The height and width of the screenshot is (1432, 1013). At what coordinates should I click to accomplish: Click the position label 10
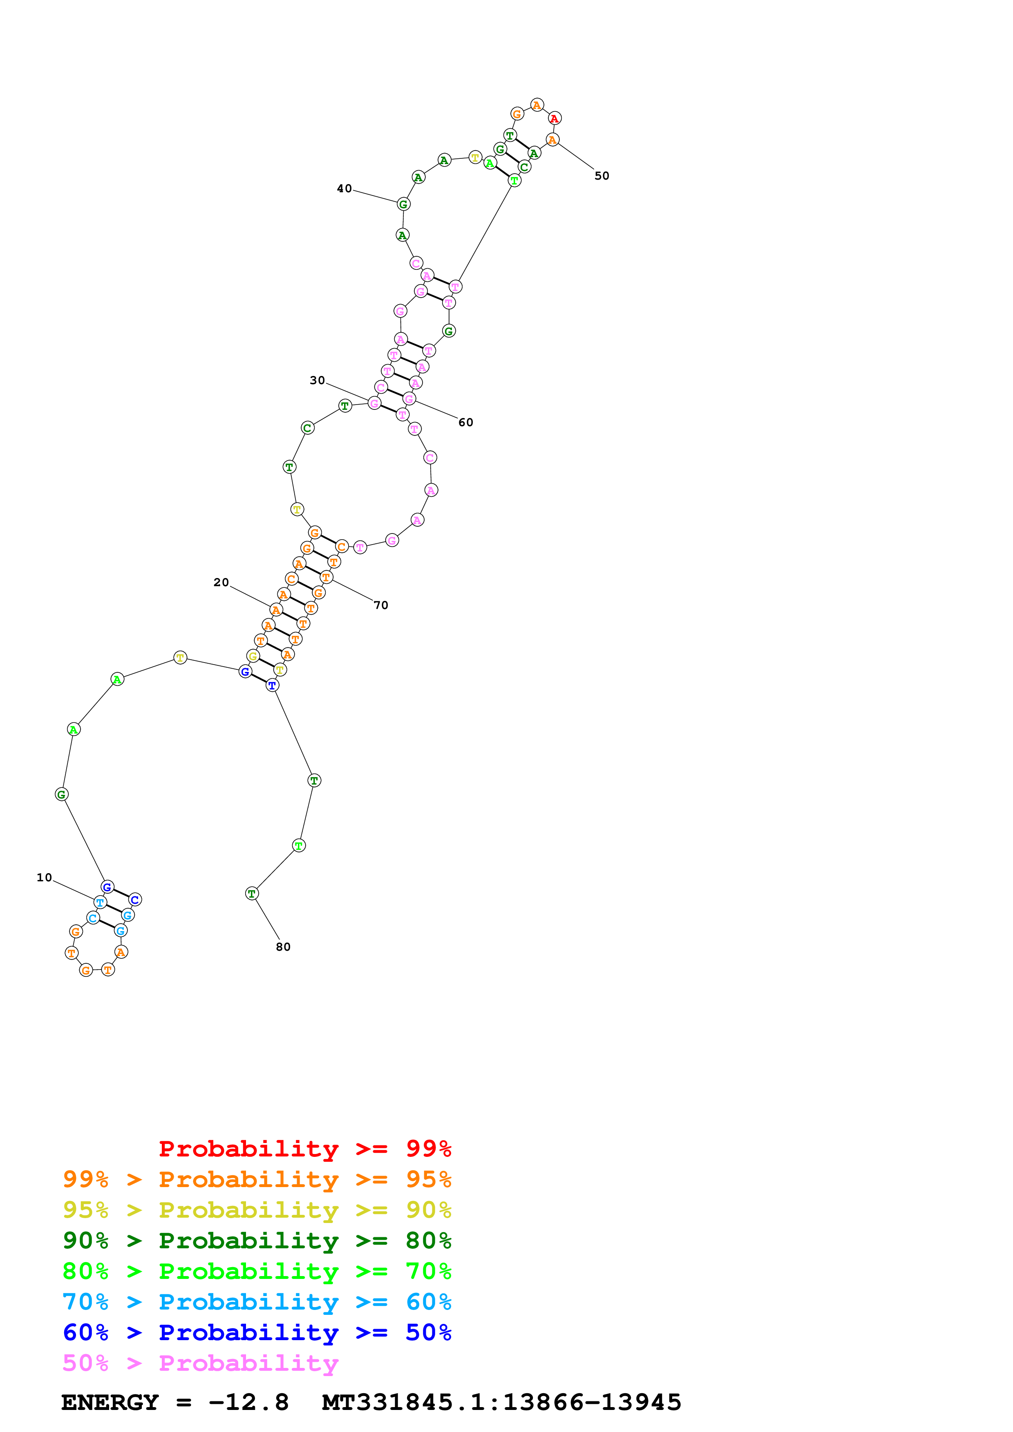(x=44, y=878)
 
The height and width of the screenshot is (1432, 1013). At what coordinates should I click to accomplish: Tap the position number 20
(x=221, y=582)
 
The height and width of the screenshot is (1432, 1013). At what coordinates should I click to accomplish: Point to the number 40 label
(x=344, y=188)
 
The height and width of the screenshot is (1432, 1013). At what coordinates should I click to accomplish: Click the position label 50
(x=602, y=176)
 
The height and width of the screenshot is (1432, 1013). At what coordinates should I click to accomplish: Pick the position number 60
(x=465, y=422)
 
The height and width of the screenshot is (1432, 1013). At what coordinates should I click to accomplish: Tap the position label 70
(x=381, y=605)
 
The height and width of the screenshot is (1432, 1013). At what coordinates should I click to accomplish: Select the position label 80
(x=283, y=947)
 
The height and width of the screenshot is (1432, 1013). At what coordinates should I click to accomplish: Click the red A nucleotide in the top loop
(x=554, y=118)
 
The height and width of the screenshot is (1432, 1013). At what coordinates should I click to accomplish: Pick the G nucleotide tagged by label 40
(x=403, y=204)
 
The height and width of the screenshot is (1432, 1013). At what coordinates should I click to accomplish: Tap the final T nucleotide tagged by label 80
(x=252, y=894)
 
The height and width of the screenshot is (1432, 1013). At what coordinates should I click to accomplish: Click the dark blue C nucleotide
(x=135, y=899)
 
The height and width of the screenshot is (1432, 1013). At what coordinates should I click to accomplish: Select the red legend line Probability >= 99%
(x=304, y=1148)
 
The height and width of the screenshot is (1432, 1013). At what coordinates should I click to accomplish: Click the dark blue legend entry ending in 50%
(x=257, y=1332)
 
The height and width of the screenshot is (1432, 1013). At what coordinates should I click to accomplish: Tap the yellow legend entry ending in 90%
(x=257, y=1210)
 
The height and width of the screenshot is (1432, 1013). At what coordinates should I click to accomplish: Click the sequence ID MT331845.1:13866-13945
(x=501, y=1402)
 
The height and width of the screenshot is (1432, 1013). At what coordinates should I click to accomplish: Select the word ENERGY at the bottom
(x=110, y=1402)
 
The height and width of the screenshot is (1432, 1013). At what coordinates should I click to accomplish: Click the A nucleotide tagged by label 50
(x=552, y=140)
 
